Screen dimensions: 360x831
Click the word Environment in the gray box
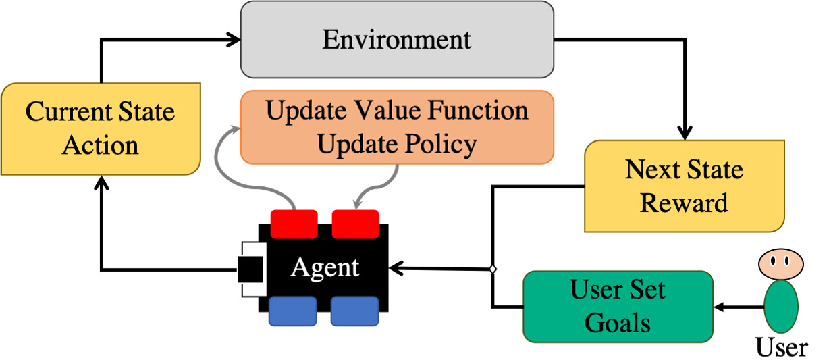click(396, 39)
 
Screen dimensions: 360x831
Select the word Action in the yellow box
click(101, 145)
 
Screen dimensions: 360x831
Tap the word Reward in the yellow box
click(684, 202)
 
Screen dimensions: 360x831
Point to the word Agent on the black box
click(325, 267)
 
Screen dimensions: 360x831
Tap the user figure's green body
click(781, 306)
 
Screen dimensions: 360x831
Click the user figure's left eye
click(774, 259)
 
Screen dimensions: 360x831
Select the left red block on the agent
click(294, 224)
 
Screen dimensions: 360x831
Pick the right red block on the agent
click(355, 224)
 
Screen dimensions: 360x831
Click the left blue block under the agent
click(293, 312)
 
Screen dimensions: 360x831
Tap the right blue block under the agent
click(354, 312)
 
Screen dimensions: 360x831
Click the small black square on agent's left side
click(250, 269)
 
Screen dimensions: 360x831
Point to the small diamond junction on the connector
click(492, 270)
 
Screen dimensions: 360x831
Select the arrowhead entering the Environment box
click(235, 39)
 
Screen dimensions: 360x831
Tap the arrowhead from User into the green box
click(721, 307)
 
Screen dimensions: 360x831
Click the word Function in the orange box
click(485, 110)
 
